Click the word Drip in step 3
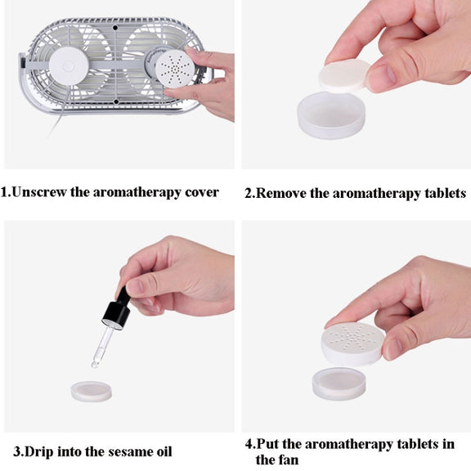point(38,452)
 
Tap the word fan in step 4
point(288,460)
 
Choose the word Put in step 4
point(268,444)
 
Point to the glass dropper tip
point(95,365)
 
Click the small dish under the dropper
point(92,392)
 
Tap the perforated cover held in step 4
point(353,343)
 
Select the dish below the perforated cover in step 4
point(339,384)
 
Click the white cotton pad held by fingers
point(345,75)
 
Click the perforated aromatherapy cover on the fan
point(175,69)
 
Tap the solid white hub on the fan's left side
point(69,65)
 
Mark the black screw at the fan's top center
point(115,28)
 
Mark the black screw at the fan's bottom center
point(116,102)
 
